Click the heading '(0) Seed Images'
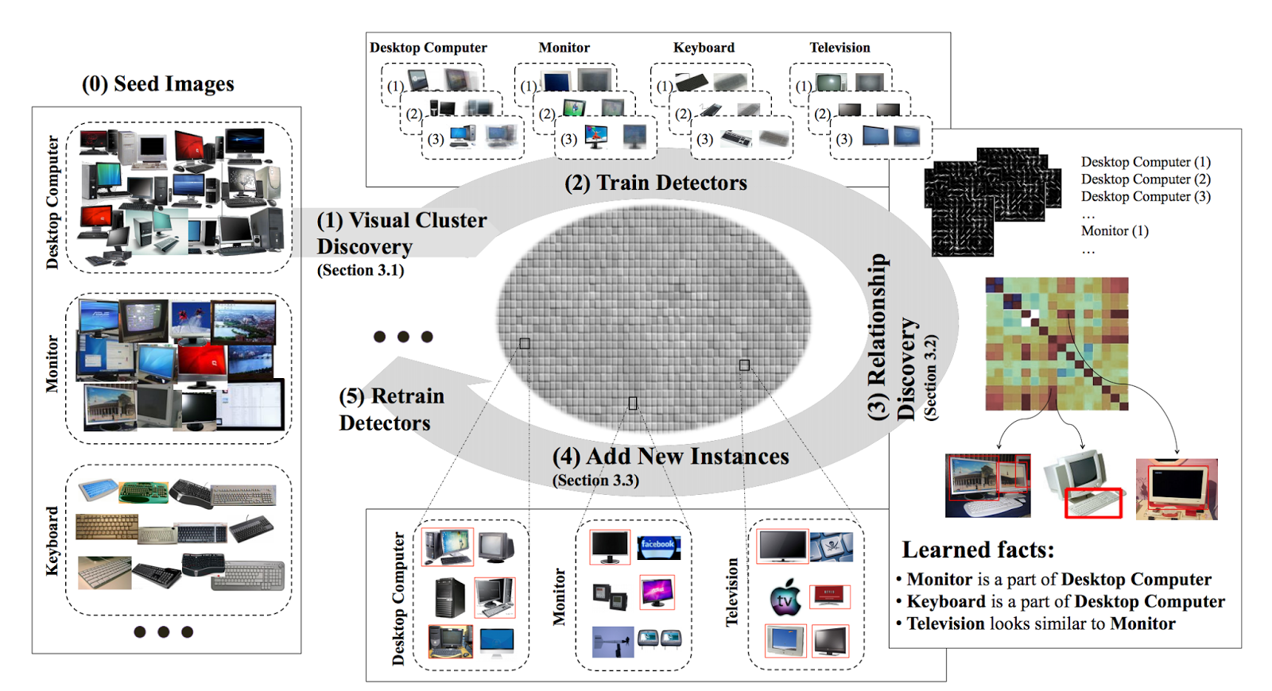pos(158,83)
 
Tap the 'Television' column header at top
pos(840,48)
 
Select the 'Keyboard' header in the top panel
pos(704,48)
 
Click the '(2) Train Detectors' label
pos(656,183)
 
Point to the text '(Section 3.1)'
pos(360,270)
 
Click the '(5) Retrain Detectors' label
pos(390,409)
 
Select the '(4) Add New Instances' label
pos(670,457)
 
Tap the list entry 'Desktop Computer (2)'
pos(1145,180)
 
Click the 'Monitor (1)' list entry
pos(1114,231)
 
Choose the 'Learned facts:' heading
pos(978,550)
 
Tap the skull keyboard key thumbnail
pos(832,546)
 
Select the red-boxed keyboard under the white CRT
pos(1093,503)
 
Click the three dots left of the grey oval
pos(403,337)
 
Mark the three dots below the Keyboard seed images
pos(164,632)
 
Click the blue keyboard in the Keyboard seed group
pos(98,488)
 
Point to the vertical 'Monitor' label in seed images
pos(52,364)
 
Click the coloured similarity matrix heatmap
pos(1057,344)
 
